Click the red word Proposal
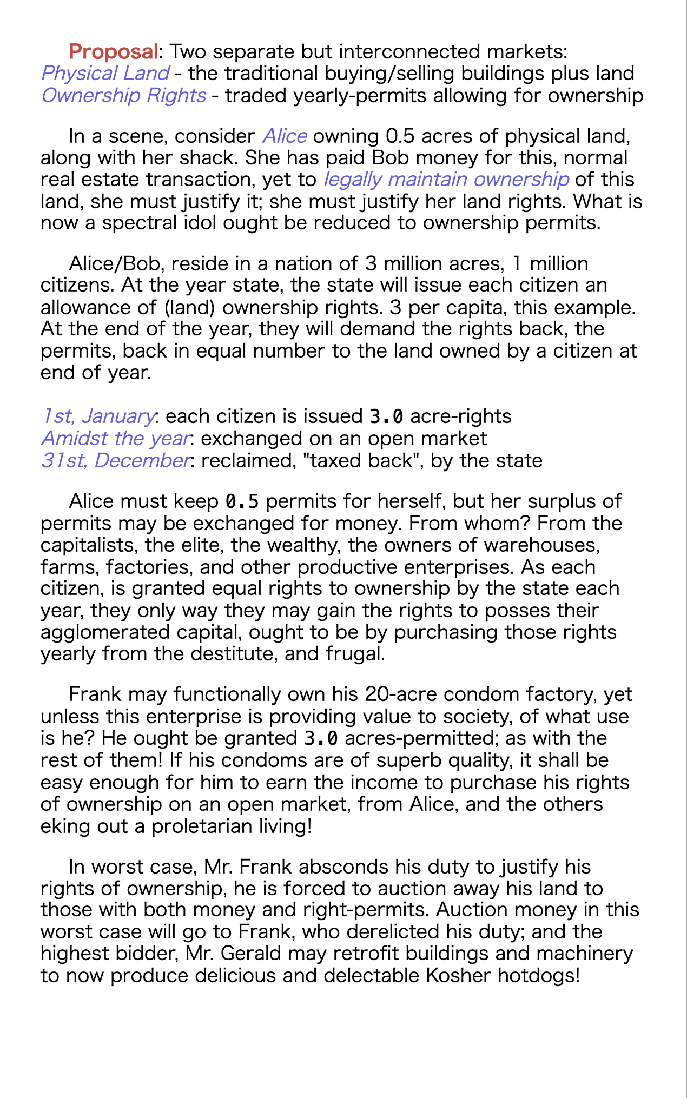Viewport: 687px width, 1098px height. [113, 52]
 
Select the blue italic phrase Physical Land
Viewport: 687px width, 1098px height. [105, 74]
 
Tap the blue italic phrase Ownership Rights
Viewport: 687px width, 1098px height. [123, 96]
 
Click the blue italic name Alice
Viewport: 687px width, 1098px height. [285, 136]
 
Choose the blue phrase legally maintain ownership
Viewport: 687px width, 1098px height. [446, 180]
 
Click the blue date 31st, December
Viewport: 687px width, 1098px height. [115, 460]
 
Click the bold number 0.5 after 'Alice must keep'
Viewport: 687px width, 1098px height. [242, 502]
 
